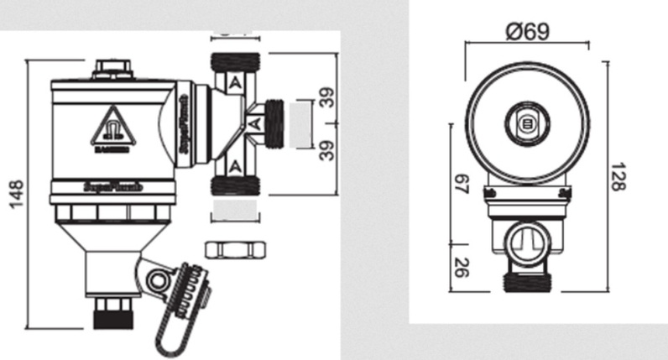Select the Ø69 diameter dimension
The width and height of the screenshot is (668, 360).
528,31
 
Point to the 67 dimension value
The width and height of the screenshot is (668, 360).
461,185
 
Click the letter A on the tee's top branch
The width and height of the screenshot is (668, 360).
237,81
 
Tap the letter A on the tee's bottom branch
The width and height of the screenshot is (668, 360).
237,164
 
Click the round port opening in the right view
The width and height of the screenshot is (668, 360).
528,241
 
